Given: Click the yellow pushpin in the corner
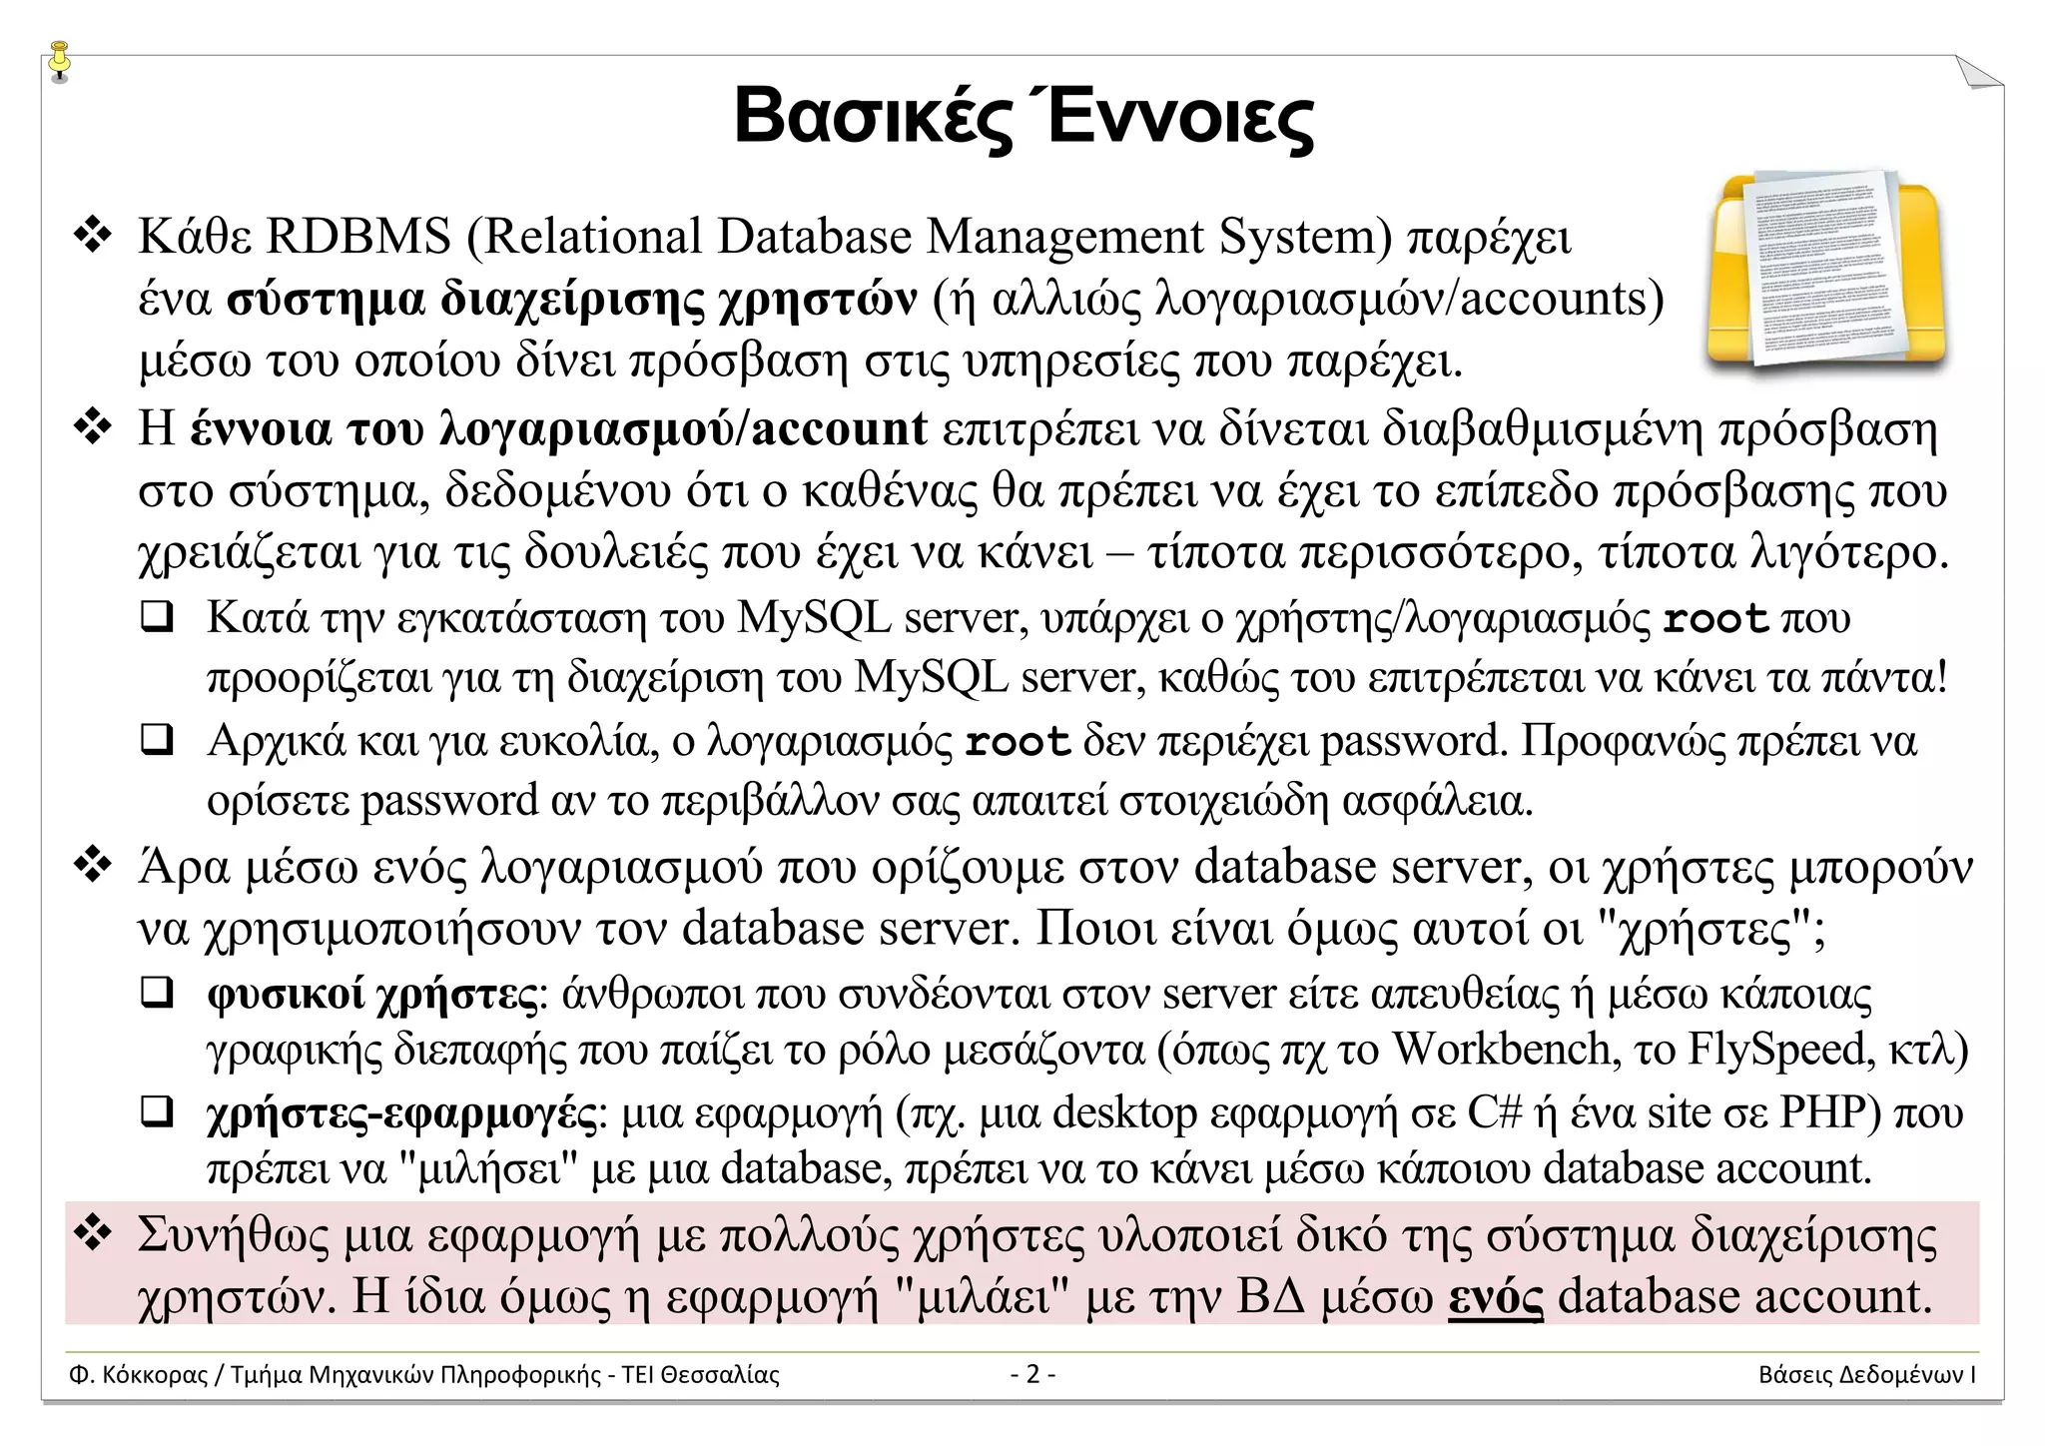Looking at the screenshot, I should click(61, 61).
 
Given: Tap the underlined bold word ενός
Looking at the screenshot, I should click(1495, 1296).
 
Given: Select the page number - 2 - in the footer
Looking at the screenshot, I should click(1032, 1375).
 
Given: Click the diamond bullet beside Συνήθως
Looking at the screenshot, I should click(92, 1236).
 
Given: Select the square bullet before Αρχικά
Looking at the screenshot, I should click(157, 741).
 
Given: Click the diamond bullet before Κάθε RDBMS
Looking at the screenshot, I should click(92, 238).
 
